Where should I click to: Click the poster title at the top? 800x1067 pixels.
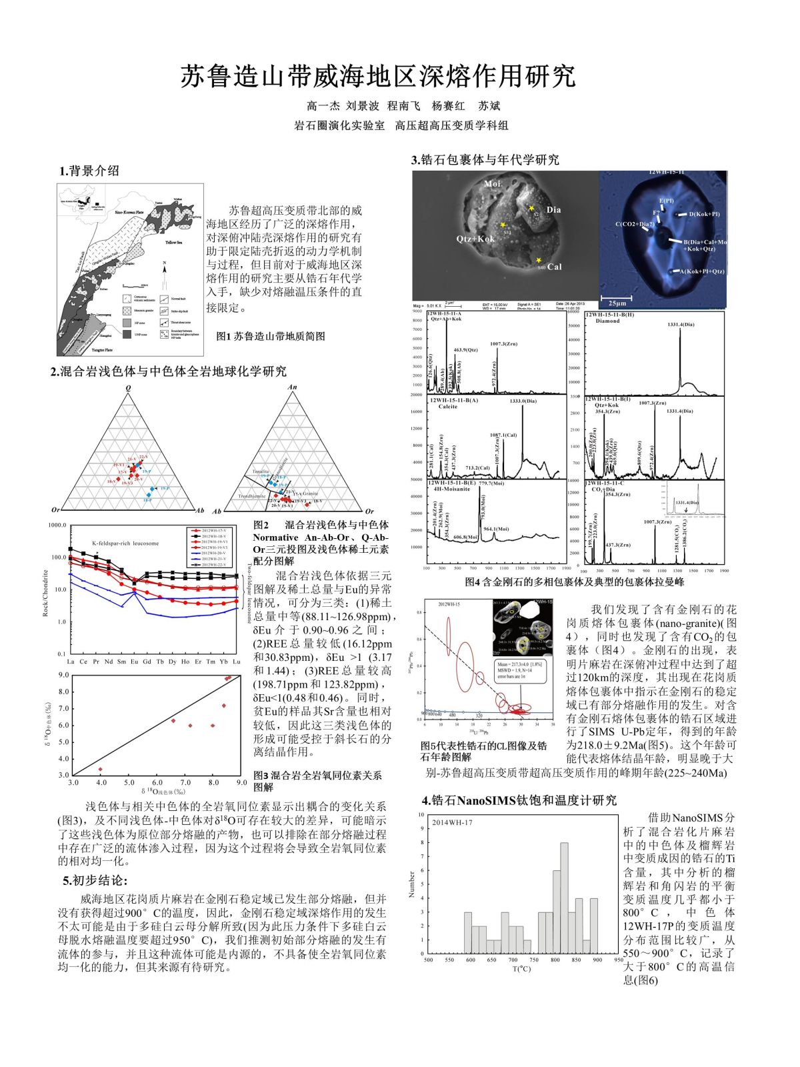click(378, 76)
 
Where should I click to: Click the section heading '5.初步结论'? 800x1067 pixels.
click(95, 880)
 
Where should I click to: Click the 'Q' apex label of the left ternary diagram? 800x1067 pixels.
click(129, 388)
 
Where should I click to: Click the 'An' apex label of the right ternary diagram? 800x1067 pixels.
click(292, 387)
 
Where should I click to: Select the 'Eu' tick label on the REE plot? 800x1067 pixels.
click(134, 662)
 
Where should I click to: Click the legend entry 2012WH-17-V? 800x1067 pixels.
click(213, 530)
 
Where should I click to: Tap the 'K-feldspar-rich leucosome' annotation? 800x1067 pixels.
click(125, 543)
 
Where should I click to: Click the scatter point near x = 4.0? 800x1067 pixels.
click(101, 769)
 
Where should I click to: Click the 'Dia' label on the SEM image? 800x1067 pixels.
click(553, 209)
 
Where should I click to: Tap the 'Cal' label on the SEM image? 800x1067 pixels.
click(554, 267)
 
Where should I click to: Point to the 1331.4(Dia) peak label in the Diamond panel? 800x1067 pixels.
click(681, 325)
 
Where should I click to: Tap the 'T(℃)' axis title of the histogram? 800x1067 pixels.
click(521, 968)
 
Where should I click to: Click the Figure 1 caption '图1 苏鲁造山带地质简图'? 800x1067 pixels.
click(271, 337)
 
